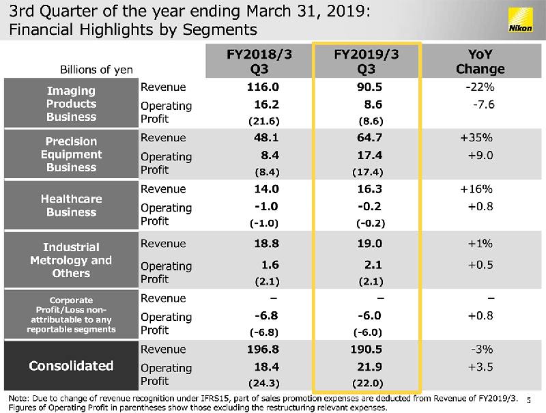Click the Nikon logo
(522, 20)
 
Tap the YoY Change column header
(480, 61)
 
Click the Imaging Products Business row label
(71, 104)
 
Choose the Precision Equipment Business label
(71, 154)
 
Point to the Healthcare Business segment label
(71, 205)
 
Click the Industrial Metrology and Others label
(71, 260)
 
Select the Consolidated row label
(71, 366)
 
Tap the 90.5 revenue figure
(369, 87)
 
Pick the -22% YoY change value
(480, 87)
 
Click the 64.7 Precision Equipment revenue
(369, 138)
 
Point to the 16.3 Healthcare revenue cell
(369, 189)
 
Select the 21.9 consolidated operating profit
(369, 367)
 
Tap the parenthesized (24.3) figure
(263, 382)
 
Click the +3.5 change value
(480, 367)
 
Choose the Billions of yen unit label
(96, 70)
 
